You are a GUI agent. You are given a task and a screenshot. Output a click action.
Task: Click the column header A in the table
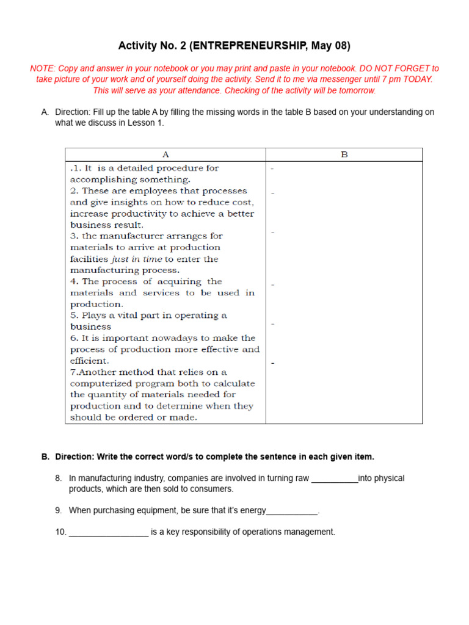coord(165,155)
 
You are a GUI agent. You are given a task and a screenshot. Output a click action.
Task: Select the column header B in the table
coord(344,155)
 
